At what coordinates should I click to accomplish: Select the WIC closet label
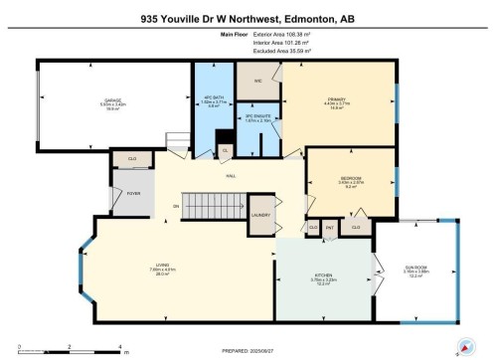click(x=257, y=82)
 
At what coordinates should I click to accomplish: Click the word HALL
click(x=230, y=175)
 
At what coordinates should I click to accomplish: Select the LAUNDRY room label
click(x=262, y=215)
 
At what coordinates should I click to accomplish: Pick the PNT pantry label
click(x=329, y=228)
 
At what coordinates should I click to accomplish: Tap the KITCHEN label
click(x=319, y=278)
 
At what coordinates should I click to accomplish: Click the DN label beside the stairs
click(x=176, y=206)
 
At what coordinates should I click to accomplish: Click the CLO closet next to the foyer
click(x=132, y=158)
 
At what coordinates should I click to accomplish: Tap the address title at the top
click(x=248, y=19)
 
